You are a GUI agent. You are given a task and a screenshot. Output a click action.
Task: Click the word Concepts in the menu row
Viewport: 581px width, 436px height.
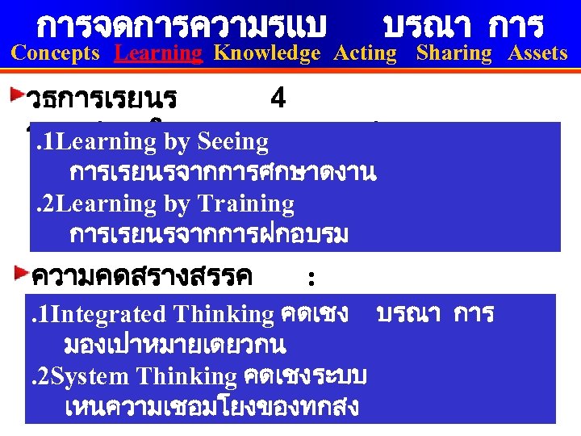[x=56, y=53]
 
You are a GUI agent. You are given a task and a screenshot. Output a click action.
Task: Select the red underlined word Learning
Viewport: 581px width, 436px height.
[x=159, y=53]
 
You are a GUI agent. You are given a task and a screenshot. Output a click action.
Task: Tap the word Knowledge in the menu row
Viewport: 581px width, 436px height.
[x=267, y=53]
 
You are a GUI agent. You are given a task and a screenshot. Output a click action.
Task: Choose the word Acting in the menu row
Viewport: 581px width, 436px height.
[x=366, y=53]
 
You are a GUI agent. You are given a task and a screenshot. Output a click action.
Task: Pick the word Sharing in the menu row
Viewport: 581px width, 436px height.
[x=454, y=53]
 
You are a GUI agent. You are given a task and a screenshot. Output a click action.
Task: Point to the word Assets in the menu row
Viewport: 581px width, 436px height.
[x=537, y=53]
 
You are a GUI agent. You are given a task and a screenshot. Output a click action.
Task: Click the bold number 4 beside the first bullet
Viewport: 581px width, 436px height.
[x=278, y=99]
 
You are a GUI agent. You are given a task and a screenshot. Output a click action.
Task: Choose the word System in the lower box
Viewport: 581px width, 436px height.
[x=89, y=376]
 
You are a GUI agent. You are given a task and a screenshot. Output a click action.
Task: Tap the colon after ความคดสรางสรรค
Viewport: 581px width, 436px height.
[x=311, y=278]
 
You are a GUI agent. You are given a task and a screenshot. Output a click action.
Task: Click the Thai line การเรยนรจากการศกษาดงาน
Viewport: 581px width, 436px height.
[x=223, y=173]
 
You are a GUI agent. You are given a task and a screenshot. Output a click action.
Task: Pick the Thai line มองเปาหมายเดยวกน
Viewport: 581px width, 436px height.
[x=174, y=345]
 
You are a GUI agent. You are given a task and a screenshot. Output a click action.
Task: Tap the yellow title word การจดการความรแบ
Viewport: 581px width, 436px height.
[x=182, y=26]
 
